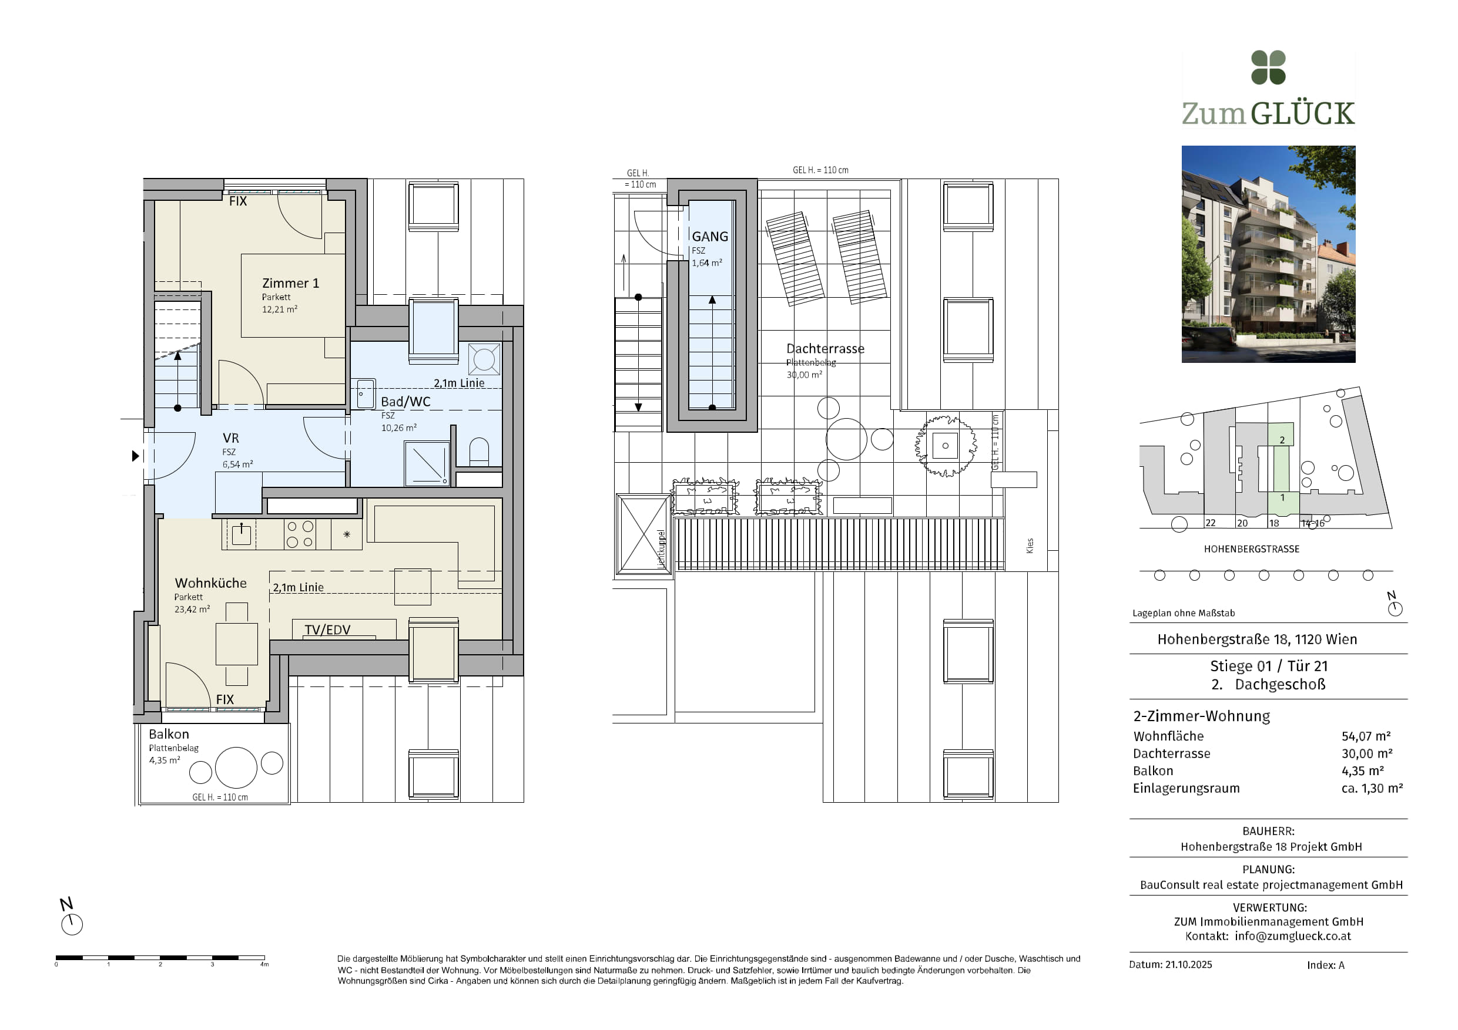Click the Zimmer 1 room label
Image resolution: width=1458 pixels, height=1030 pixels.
tap(290, 283)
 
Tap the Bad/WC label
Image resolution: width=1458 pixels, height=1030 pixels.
tap(405, 402)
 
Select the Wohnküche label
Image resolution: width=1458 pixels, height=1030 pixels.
tap(210, 583)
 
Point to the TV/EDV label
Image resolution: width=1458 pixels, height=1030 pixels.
tap(327, 630)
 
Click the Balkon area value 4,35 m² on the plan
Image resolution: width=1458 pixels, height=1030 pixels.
tap(165, 760)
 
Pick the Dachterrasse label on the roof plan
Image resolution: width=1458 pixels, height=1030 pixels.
tap(825, 348)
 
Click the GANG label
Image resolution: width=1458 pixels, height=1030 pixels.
tap(709, 236)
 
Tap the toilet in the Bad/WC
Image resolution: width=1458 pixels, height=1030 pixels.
tap(479, 451)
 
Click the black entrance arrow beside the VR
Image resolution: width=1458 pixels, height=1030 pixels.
tap(135, 456)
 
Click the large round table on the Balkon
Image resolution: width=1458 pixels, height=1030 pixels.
tap(236, 768)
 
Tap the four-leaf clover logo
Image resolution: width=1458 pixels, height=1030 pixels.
tap(1268, 68)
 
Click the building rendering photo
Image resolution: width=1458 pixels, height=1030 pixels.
tap(1268, 254)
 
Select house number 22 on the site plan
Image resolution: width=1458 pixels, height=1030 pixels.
tap(1211, 523)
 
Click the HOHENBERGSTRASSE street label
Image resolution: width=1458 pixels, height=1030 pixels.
tap(1252, 549)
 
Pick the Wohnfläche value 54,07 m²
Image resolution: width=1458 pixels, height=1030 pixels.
tap(1366, 736)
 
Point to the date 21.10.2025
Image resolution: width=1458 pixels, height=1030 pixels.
tap(1189, 965)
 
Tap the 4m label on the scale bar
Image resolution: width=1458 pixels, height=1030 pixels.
tap(264, 965)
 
